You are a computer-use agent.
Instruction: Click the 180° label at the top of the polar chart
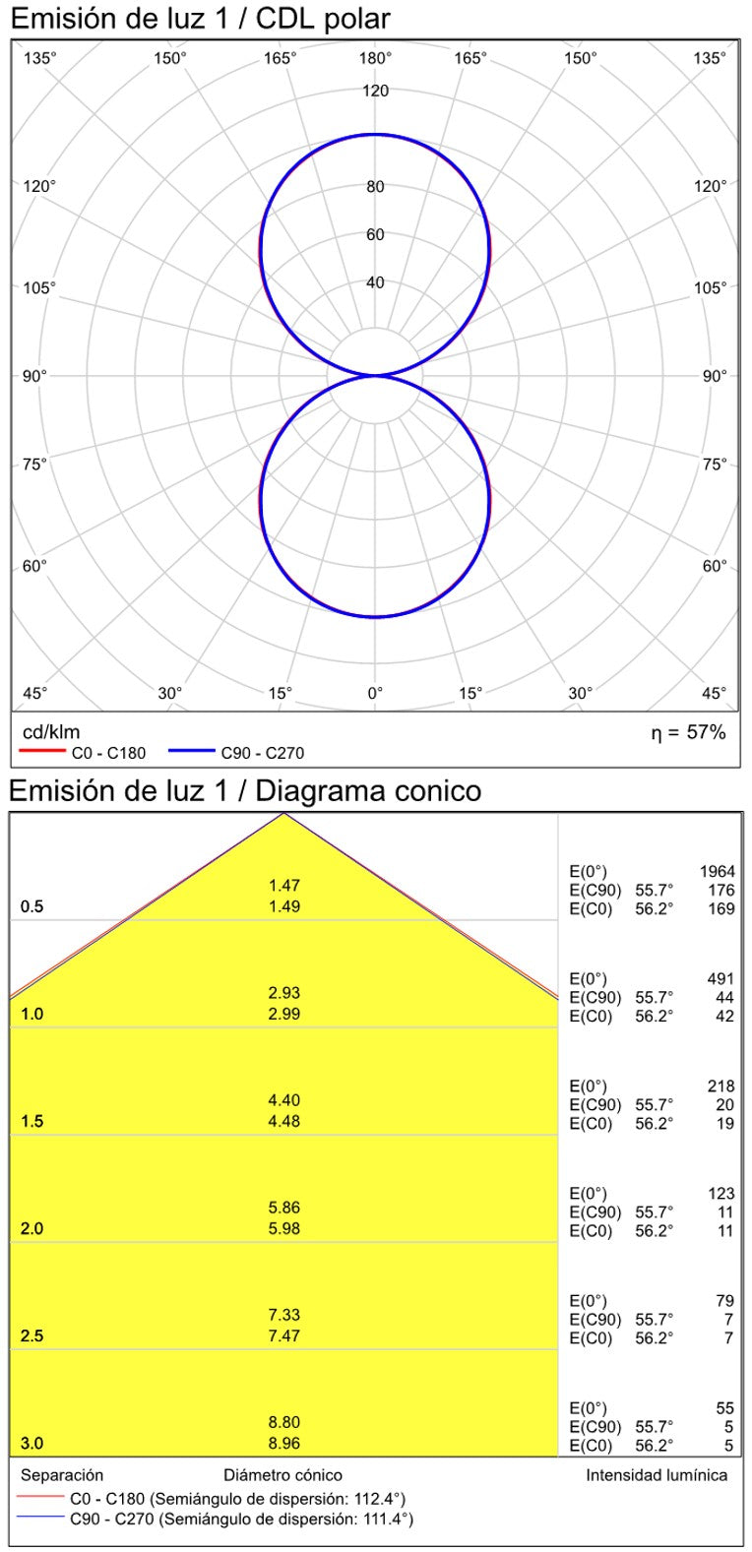click(x=375, y=58)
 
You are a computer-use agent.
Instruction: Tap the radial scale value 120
click(x=375, y=92)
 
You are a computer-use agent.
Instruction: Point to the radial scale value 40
click(x=375, y=283)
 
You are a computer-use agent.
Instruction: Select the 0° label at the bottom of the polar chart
click(x=375, y=693)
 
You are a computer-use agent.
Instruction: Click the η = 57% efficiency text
click(x=688, y=732)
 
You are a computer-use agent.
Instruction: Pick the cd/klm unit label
click(x=51, y=732)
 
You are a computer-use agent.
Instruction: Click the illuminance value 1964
click(x=717, y=872)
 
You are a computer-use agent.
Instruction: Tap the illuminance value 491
click(x=721, y=979)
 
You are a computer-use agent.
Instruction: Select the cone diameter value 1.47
click(x=284, y=886)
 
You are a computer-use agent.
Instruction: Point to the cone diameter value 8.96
click(x=284, y=1444)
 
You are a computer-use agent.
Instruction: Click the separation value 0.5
click(x=32, y=906)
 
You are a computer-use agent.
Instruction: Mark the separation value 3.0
click(x=32, y=1444)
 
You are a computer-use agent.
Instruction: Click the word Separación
click(x=62, y=1475)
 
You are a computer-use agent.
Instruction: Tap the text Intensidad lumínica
click(x=657, y=1475)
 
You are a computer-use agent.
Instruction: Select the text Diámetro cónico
click(x=282, y=1475)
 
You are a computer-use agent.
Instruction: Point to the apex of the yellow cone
click(x=284, y=814)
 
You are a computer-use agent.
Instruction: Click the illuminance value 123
click(x=721, y=1194)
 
